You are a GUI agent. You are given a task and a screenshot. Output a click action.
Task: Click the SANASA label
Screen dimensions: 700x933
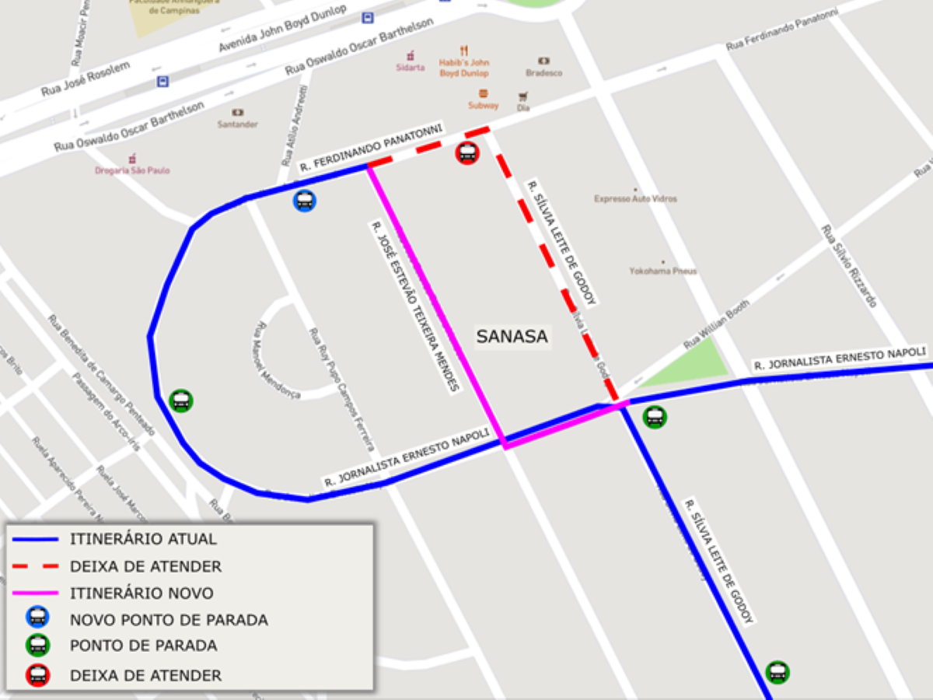click(512, 337)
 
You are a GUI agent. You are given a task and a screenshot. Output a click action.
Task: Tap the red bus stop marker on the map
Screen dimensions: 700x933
click(467, 153)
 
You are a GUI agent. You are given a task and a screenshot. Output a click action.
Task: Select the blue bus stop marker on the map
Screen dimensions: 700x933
click(305, 201)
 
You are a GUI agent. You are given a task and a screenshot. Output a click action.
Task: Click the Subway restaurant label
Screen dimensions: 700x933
click(483, 105)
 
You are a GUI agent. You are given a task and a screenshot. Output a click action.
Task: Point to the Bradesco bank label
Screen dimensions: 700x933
click(543, 73)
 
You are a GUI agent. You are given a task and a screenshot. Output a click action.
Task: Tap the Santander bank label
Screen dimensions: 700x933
click(237, 124)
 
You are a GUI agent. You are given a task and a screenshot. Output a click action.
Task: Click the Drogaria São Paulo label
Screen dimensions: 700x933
click(132, 170)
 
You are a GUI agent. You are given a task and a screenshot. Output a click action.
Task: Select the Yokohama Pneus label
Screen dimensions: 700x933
click(663, 271)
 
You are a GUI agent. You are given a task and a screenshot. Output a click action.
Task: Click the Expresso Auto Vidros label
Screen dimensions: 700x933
click(635, 198)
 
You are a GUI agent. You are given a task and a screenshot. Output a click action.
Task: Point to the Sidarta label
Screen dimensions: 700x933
click(410, 68)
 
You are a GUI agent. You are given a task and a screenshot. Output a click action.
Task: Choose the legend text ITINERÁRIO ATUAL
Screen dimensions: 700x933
click(143, 539)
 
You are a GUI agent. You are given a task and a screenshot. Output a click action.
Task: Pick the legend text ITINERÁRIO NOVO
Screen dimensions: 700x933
click(142, 593)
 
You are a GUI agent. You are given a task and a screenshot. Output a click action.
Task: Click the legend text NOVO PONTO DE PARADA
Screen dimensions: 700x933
click(169, 621)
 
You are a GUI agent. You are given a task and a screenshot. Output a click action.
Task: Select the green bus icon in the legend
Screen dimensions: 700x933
click(37, 646)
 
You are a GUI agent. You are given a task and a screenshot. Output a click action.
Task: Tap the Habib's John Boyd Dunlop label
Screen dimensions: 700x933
click(464, 68)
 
